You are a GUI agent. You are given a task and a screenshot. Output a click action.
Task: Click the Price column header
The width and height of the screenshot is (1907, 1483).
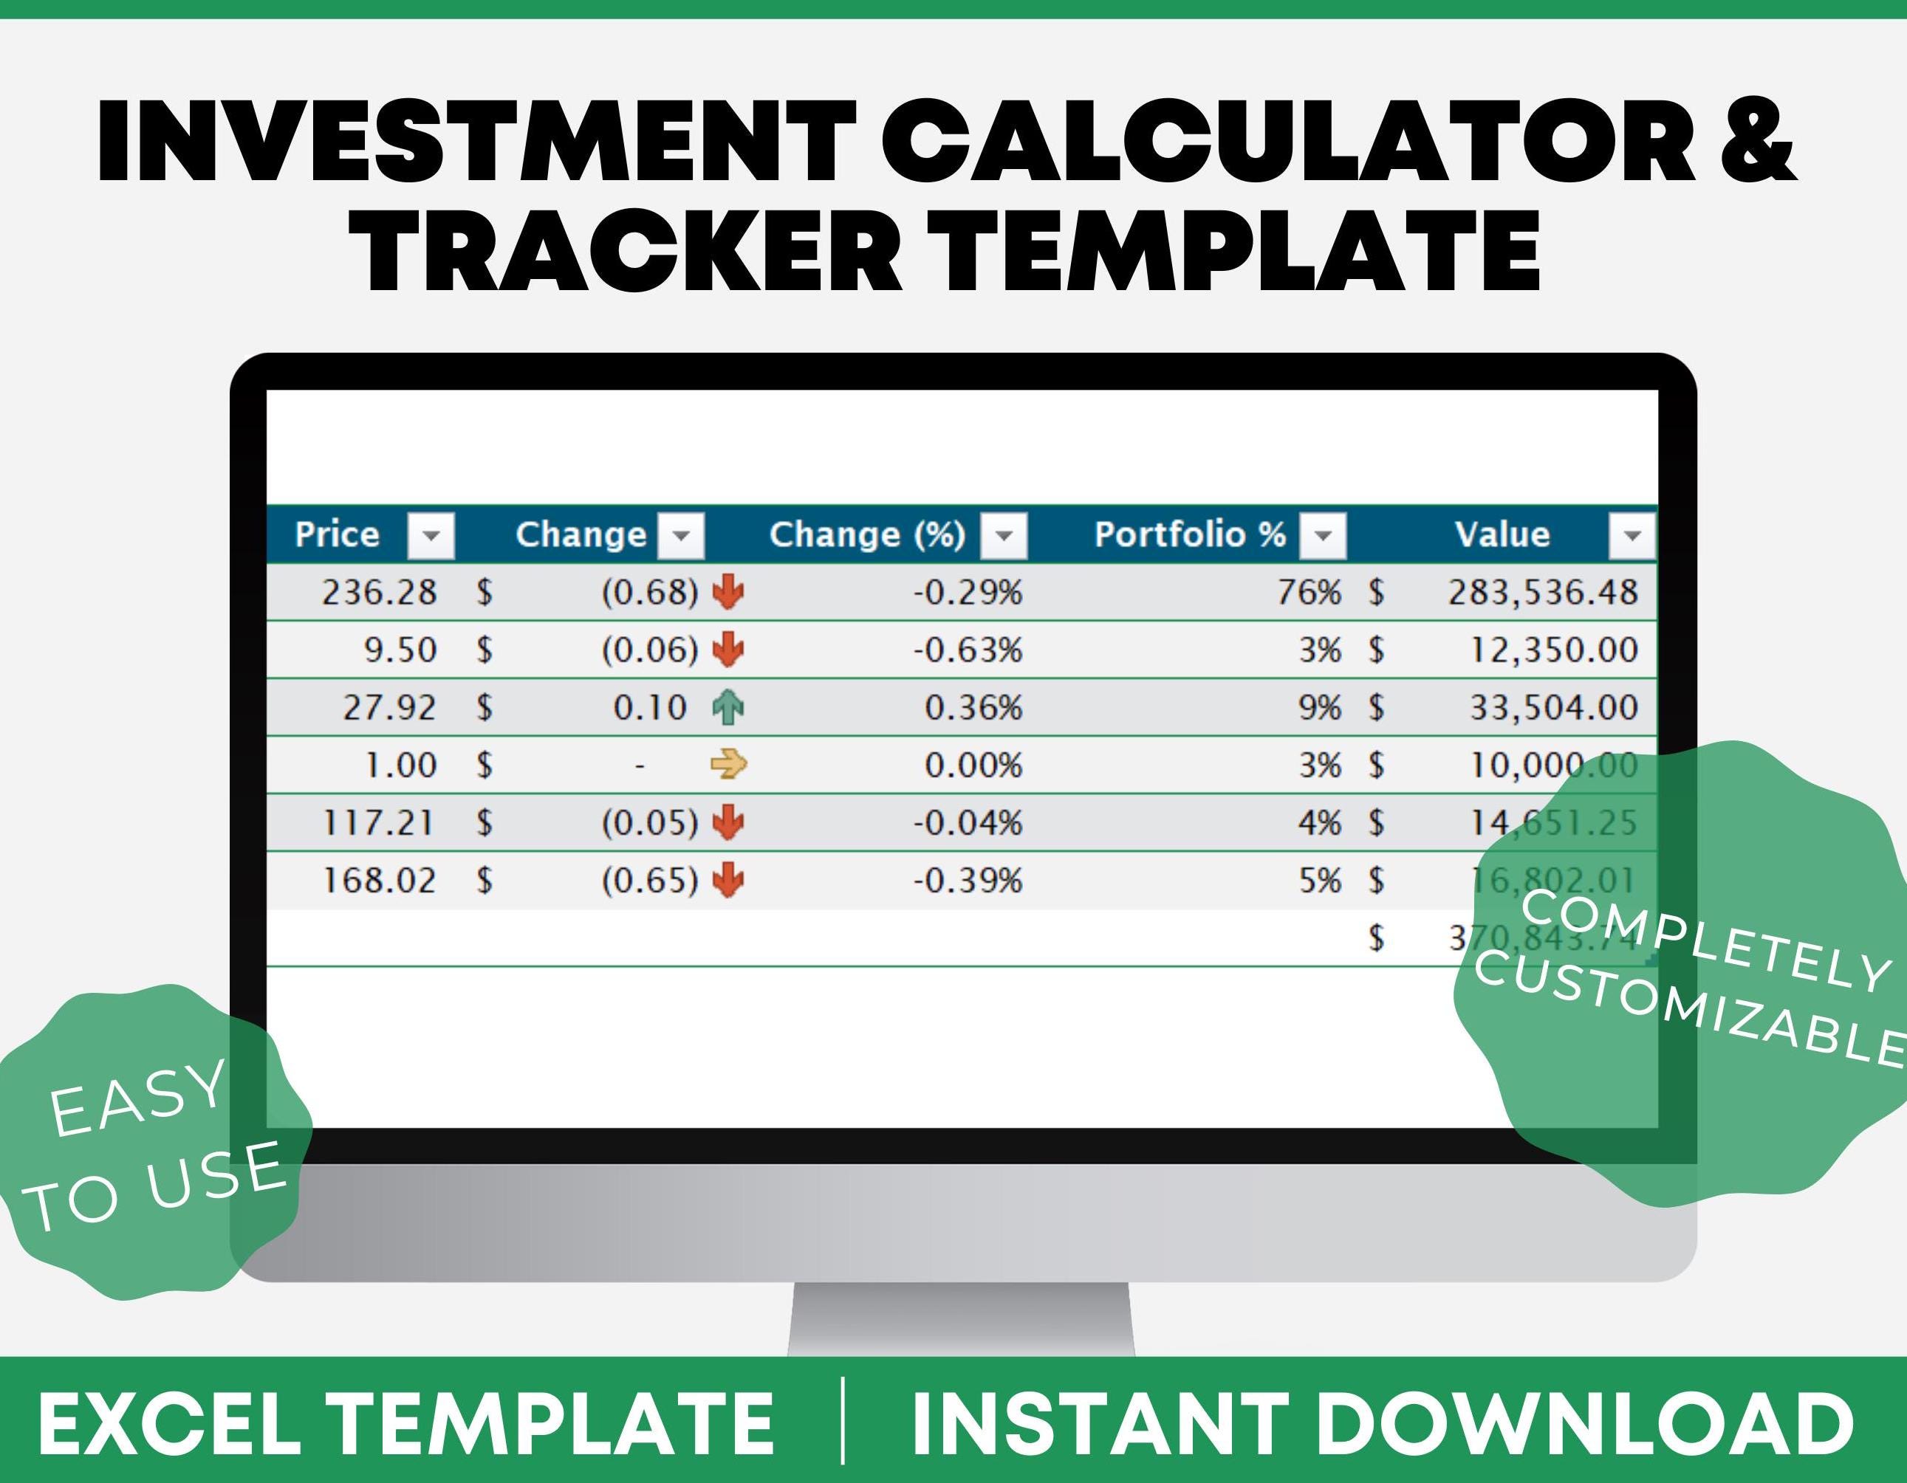point(337,534)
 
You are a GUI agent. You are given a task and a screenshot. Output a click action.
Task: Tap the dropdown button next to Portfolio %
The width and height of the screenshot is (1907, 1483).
point(1322,535)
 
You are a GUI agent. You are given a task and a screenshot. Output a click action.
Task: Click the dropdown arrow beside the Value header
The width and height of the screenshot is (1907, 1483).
point(1631,535)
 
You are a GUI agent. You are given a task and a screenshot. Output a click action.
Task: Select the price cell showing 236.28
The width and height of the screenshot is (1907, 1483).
point(378,593)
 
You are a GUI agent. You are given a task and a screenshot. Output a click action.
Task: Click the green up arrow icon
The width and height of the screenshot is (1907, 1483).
point(728,707)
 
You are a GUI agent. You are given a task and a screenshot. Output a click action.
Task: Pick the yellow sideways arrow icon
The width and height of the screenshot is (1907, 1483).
point(728,765)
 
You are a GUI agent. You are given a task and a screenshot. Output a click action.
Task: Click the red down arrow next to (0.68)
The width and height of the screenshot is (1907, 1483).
point(728,593)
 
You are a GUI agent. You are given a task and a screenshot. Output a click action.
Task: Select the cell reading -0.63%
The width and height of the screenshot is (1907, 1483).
point(967,650)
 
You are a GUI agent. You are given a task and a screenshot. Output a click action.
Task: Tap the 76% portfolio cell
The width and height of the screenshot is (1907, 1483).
point(1308,593)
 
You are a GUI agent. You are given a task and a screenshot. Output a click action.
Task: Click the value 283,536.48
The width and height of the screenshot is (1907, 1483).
point(1542,593)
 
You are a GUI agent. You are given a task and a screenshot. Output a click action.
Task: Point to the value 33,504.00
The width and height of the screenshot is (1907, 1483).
point(1553,707)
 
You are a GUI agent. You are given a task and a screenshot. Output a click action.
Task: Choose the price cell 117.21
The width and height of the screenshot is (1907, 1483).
point(378,822)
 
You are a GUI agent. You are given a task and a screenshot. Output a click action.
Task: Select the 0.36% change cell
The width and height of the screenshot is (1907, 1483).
point(972,707)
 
